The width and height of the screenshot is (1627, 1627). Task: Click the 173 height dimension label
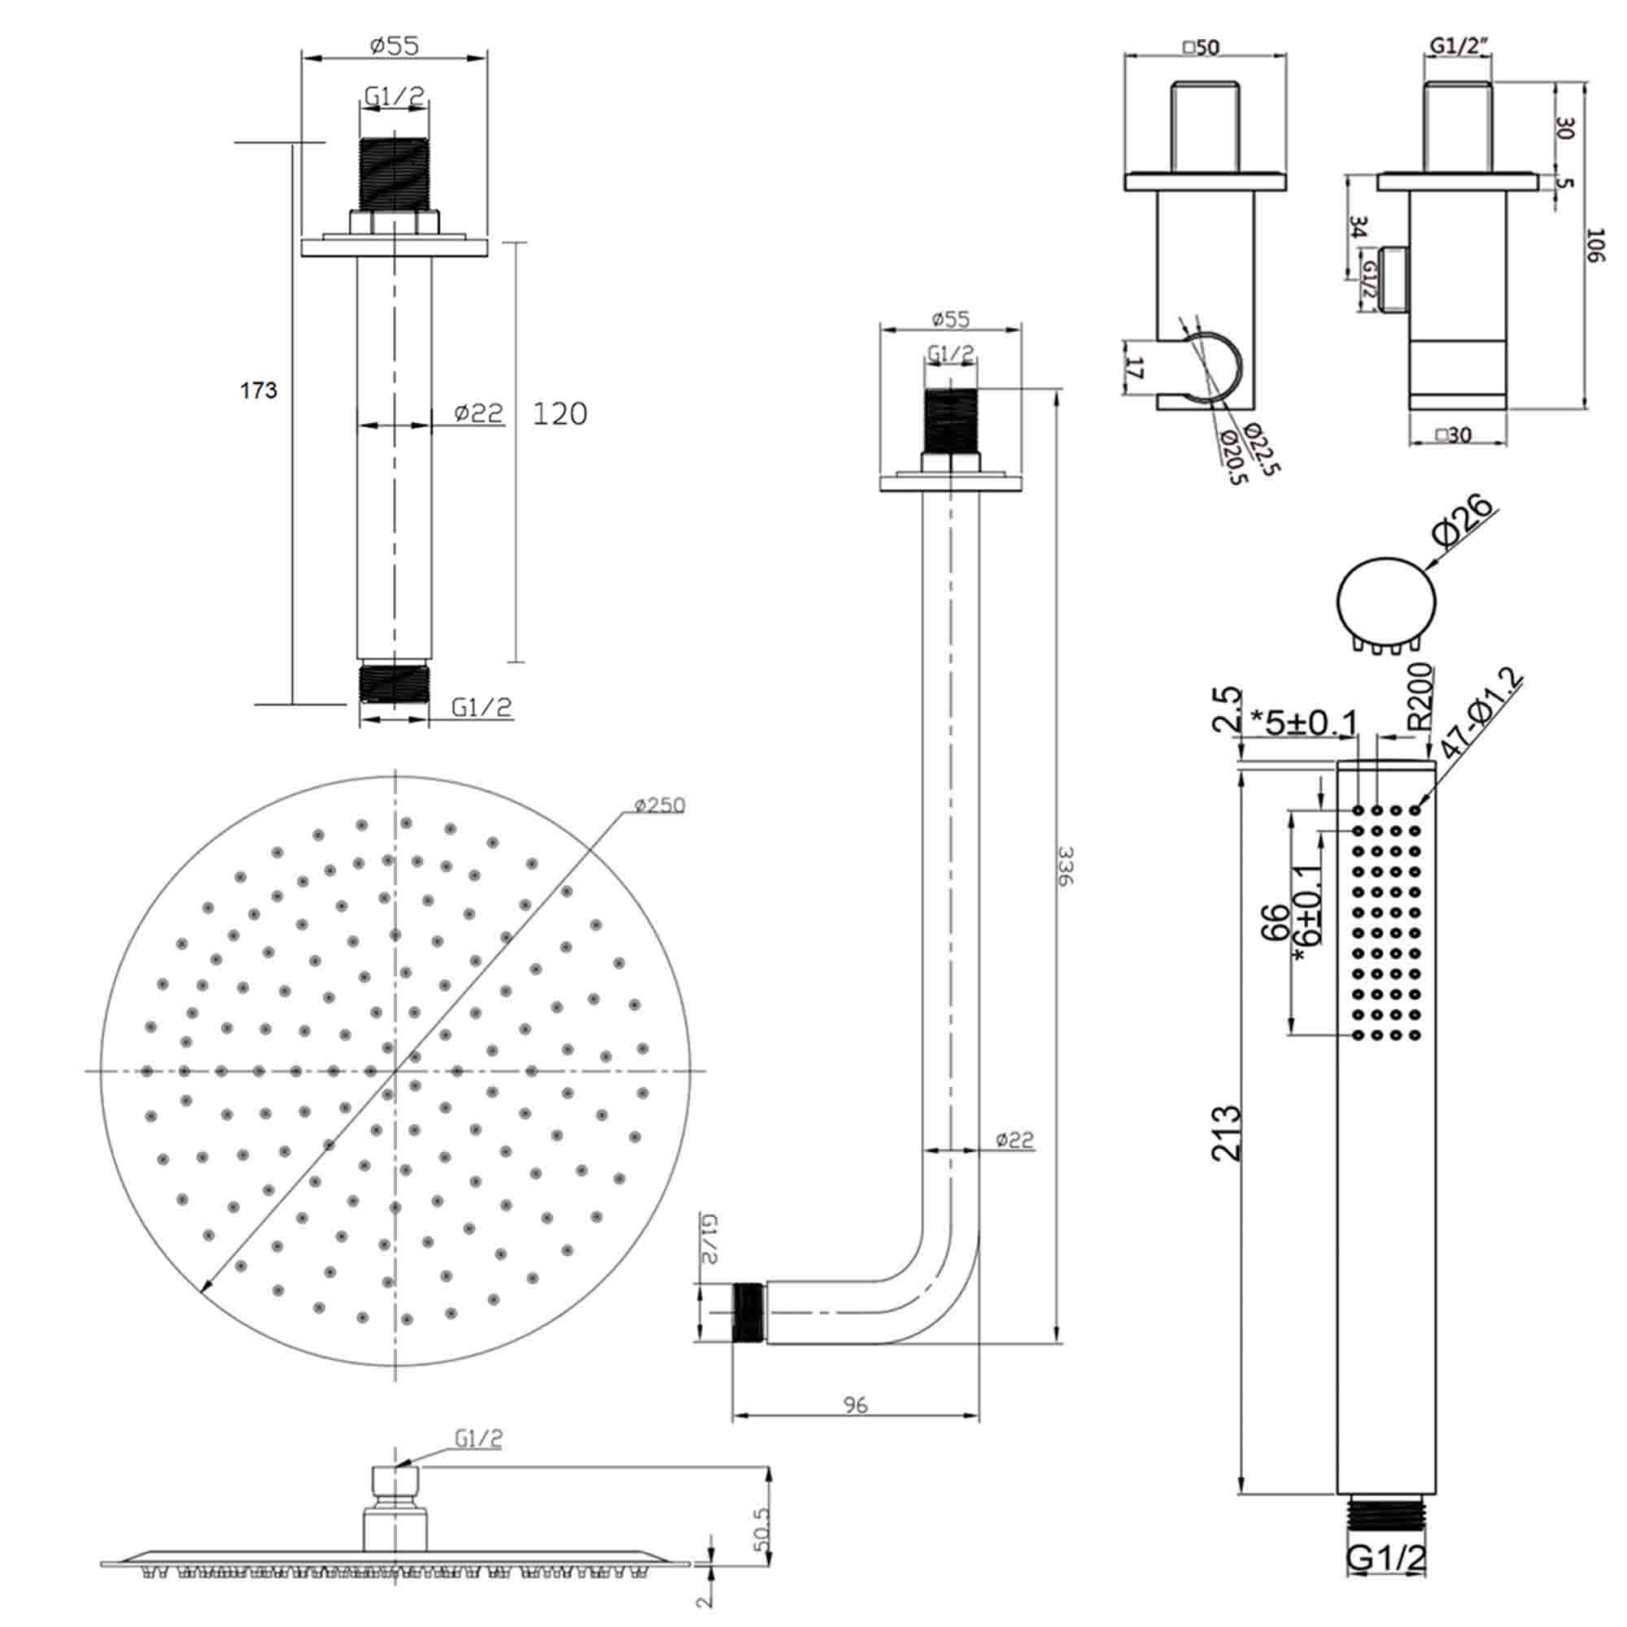pos(259,390)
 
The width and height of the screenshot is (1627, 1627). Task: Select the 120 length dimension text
pos(560,413)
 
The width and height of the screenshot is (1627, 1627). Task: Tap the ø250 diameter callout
pos(660,806)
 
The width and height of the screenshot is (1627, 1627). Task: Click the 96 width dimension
pos(855,1405)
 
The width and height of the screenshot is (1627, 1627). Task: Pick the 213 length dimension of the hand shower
pos(1226,1133)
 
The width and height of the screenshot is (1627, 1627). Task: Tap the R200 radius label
pos(1420,695)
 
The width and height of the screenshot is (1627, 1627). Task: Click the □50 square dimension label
pos(1201,47)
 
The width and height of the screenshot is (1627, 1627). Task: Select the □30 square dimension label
pos(1454,434)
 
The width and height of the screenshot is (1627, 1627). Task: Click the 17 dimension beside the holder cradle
pos(1136,367)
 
